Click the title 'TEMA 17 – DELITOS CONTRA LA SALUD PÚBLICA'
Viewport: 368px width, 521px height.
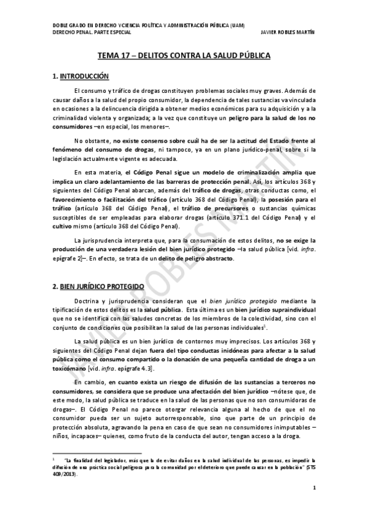pyautogui.click(x=184, y=55)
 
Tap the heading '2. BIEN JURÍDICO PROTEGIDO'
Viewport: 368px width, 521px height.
pyautogui.click(x=98, y=286)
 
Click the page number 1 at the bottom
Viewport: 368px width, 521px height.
pyautogui.click(x=313, y=488)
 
